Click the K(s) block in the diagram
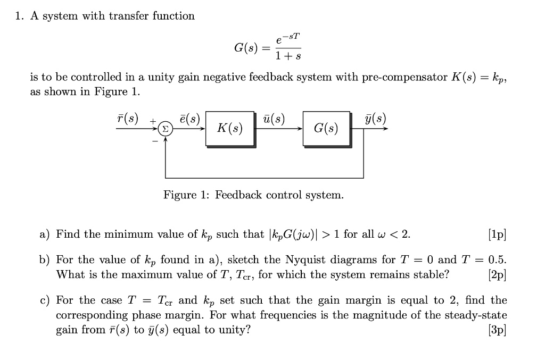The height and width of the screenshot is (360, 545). coord(230,129)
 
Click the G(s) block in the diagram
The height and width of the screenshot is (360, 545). coord(327,129)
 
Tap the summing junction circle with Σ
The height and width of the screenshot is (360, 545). coord(166,129)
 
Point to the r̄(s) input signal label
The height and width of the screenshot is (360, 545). coord(127,119)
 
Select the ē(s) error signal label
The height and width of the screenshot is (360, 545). coord(190,119)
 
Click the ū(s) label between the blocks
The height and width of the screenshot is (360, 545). coord(274,119)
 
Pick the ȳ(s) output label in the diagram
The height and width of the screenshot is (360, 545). coord(375,119)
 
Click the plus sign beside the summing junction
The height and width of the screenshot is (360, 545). coord(153,121)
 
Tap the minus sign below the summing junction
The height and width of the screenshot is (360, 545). coord(155,141)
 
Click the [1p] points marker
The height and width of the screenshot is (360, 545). coord(497,235)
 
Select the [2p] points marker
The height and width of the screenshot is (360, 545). coord(497,275)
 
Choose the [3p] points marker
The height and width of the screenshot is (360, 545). coord(497,330)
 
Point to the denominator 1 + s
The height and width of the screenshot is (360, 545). coord(288,56)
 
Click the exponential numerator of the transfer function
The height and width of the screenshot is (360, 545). coord(288,38)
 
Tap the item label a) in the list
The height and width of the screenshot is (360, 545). coord(45,235)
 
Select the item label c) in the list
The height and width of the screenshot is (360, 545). coord(45,300)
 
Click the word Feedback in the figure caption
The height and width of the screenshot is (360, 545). coord(238,195)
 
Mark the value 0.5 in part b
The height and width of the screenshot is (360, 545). coord(497,259)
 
